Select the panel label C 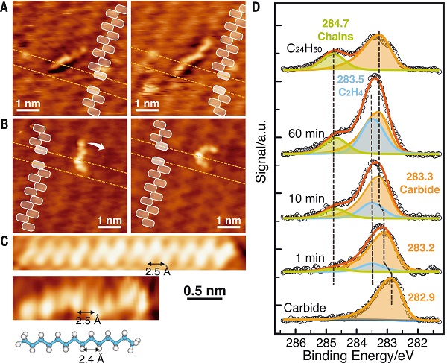point(7,241)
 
